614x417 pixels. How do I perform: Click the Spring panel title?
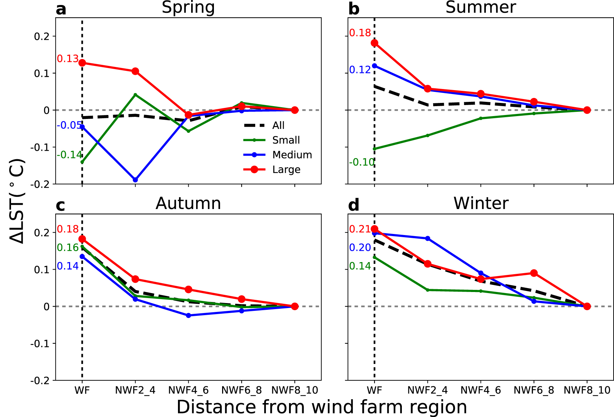pos(188,7)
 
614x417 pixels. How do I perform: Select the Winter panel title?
pos(481,204)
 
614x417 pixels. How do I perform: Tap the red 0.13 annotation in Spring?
pos(68,59)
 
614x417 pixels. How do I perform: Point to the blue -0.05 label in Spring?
pos(69,125)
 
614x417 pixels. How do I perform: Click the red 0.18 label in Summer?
pos(360,33)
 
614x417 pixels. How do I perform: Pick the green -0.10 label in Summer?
pos(362,162)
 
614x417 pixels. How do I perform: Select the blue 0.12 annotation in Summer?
pos(360,70)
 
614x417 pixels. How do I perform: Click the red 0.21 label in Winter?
pos(360,229)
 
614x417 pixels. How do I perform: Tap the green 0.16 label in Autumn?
pos(68,248)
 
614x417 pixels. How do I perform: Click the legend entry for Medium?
pos(292,155)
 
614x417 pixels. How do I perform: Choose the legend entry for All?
pos(278,125)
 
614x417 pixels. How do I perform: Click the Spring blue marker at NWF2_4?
pos(135,180)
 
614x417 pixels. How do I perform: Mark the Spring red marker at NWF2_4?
pos(135,71)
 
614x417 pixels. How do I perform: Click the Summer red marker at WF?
pos(374,43)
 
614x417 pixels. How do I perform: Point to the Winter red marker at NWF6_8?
pos(534,273)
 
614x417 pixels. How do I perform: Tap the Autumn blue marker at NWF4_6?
pos(189,316)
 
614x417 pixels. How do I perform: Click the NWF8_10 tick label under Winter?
pos(587,390)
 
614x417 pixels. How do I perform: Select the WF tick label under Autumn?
pos(82,390)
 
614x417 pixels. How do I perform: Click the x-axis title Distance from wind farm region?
pos(321,407)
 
